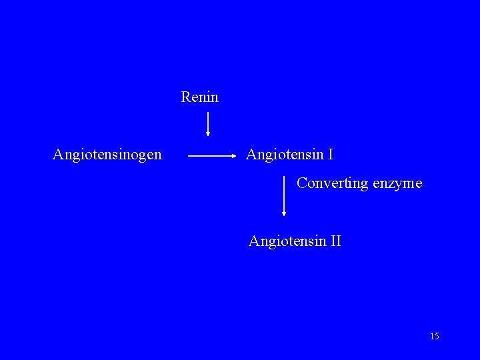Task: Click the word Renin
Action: click(199, 97)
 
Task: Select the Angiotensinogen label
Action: click(107, 155)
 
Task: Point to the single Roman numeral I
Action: click(331, 155)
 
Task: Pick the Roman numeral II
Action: click(335, 241)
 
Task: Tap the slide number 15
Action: click(435, 336)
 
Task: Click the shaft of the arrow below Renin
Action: click(208, 121)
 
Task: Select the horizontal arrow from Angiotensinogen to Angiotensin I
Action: click(212, 156)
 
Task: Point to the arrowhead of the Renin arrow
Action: click(208, 133)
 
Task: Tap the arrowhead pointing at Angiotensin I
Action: click(235, 156)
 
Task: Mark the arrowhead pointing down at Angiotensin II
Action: click(285, 213)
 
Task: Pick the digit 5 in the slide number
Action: click(437, 336)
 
